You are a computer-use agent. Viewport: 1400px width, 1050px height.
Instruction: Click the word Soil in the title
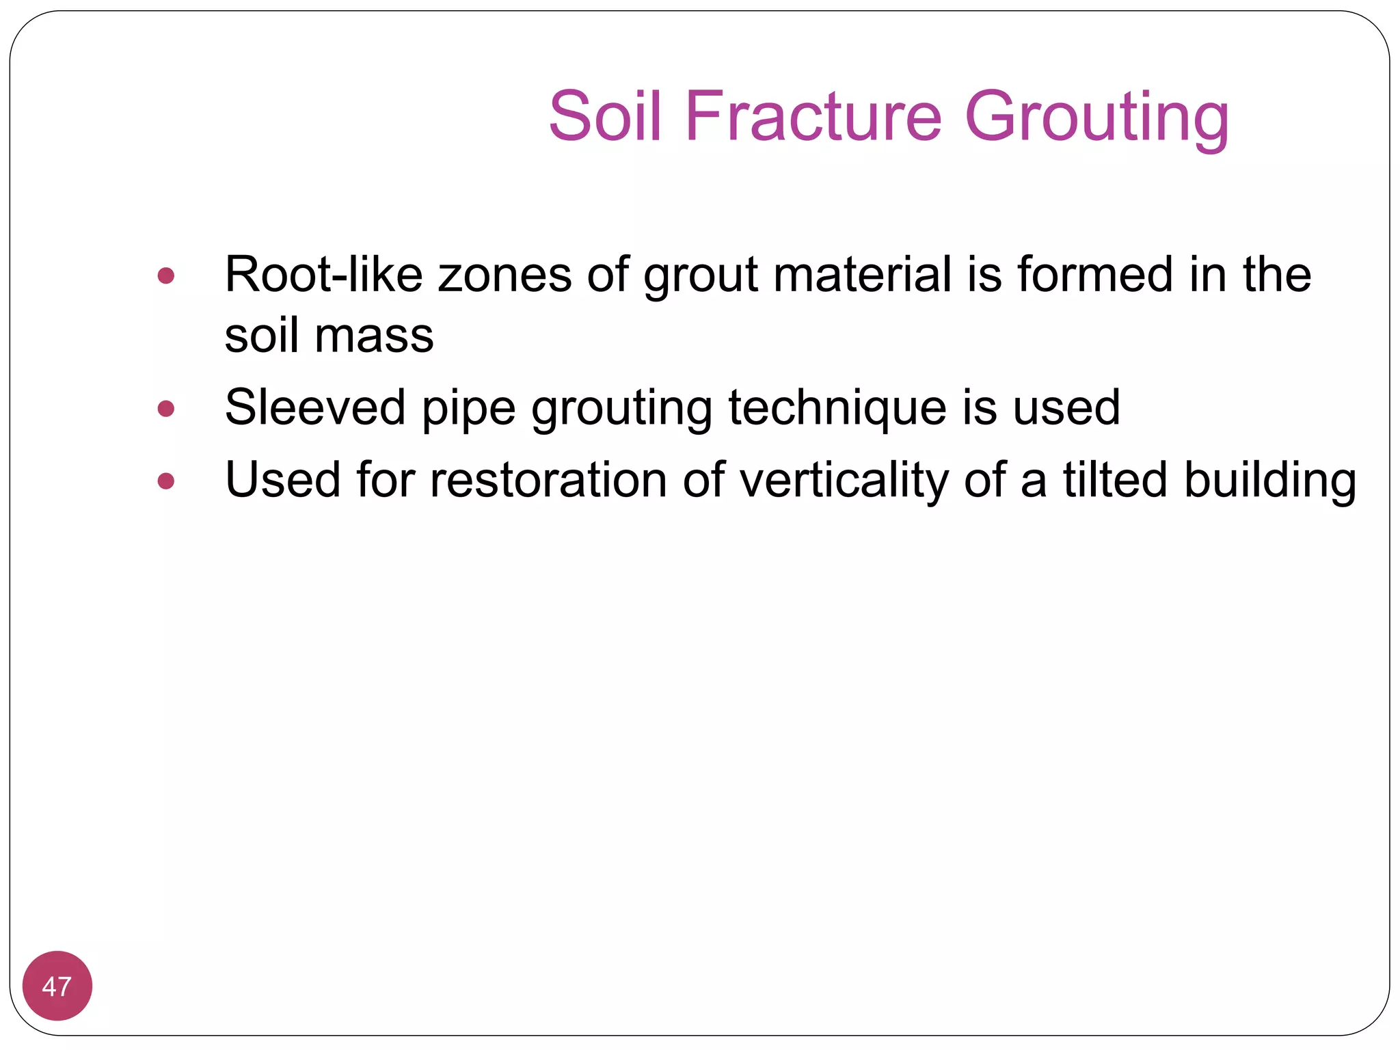(x=605, y=117)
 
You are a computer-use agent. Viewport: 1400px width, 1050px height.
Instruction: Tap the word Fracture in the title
(x=813, y=117)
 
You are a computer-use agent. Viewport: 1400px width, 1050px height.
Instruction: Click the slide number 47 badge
(x=57, y=986)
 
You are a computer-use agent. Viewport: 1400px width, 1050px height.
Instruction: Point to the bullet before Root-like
(x=165, y=276)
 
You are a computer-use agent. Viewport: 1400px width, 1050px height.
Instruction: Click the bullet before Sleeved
(x=165, y=409)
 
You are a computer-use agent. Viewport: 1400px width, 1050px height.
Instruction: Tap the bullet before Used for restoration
(x=165, y=481)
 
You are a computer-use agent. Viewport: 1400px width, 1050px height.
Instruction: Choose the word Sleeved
(x=315, y=408)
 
